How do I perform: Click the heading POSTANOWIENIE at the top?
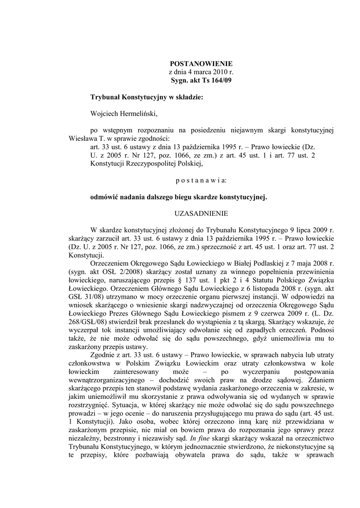(201, 64)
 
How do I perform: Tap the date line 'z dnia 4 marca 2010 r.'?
(201, 72)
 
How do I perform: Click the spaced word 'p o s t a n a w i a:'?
(201, 180)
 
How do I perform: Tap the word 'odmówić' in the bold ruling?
(103, 197)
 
